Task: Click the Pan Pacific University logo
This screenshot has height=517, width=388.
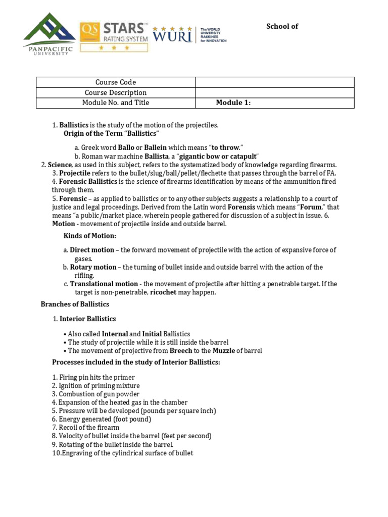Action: pyautogui.click(x=48, y=35)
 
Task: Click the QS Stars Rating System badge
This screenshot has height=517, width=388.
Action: pyautogui.click(x=114, y=36)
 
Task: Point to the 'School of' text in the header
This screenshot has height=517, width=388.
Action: pyautogui.click(x=282, y=26)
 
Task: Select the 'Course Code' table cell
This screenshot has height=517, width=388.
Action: pyautogui.click(x=116, y=82)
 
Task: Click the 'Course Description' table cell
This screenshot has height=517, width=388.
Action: pyautogui.click(x=116, y=92)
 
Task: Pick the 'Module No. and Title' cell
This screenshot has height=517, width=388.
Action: pyautogui.click(x=116, y=102)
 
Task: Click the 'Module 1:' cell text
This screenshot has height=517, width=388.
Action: pyautogui.click(x=233, y=103)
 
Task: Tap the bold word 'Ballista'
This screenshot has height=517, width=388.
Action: pyautogui.click(x=156, y=156)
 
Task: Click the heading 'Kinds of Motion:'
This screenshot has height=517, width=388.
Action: pyautogui.click(x=89, y=236)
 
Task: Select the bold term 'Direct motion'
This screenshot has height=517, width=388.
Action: pyautogui.click(x=92, y=250)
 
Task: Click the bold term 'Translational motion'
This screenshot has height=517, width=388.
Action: pyautogui.click(x=104, y=284)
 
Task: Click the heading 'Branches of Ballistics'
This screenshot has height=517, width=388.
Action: pyautogui.click(x=75, y=304)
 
